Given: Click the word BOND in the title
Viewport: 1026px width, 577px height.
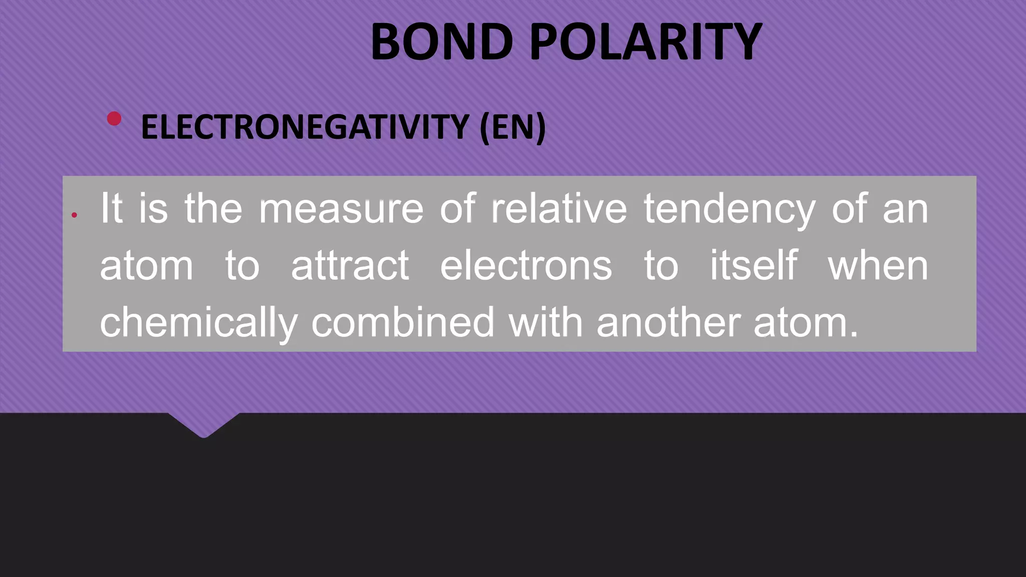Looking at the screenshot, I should [441, 42].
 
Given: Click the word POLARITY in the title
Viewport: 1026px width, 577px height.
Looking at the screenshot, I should [646, 42].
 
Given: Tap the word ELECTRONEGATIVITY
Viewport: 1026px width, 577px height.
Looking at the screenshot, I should [305, 127].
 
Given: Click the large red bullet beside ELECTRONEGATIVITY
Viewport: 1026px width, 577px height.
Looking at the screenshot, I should [114, 119].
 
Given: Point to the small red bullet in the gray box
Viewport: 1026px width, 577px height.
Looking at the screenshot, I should [74, 215].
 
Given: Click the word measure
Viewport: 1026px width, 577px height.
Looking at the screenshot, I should [341, 209].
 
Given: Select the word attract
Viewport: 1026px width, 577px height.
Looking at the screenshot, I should [350, 265].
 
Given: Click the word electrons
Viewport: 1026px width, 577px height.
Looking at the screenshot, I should [526, 265].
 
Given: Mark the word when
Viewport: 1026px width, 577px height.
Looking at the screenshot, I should [878, 265].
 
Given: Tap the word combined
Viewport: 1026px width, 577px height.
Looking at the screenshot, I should [403, 322].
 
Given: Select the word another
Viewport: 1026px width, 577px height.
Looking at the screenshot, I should [668, 322].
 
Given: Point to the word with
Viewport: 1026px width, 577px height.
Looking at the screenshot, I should [546, 322].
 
